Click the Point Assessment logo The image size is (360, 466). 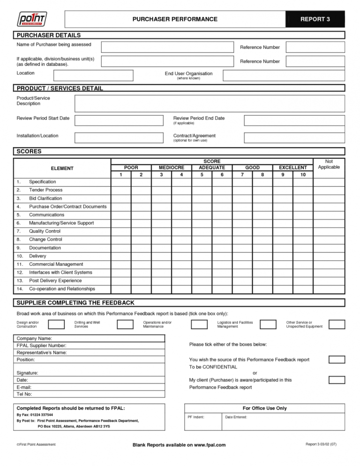(32, 19)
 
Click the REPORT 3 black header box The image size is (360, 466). (315, 19)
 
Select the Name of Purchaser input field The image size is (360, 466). (167, 47)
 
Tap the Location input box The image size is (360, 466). (93, 75)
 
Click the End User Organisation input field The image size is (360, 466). (284, 75)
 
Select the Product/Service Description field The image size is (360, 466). (210, 104)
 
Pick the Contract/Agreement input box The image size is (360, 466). (294, 138)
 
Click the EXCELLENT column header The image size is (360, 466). (292, 167)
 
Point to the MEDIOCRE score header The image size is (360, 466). (172, 167)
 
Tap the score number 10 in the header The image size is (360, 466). (303, 175)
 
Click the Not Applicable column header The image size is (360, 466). (329, 164)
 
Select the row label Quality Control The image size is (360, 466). (45, 231)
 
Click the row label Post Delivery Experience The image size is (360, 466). (56, 280)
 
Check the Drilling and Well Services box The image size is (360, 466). (125, 324)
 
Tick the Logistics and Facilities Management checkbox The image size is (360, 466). (268, 324)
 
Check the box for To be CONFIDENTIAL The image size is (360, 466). (337, 360)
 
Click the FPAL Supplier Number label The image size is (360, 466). (45, 346)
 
